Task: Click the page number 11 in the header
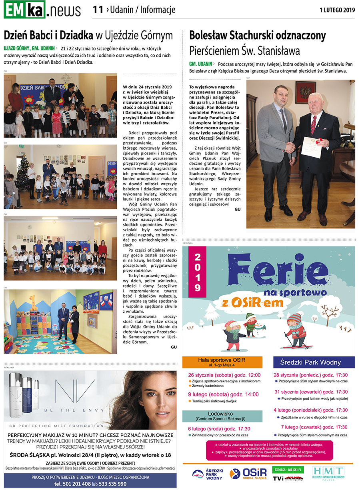(98, 10)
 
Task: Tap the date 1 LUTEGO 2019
(337, 10)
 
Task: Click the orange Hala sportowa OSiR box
(222, 362)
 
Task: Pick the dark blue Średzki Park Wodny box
(314, 362)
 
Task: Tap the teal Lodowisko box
(222, 416)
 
